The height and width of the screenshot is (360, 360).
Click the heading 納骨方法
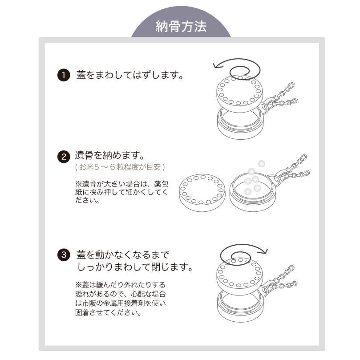tap(181, 27)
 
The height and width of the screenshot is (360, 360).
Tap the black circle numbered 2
tap(63, 157)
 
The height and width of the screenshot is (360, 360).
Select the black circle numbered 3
tap(63, 256)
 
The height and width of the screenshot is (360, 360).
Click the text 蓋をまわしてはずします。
tap(130, 75)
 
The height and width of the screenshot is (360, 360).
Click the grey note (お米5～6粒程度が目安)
tap(120, 168)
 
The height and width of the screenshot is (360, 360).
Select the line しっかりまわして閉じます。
tap(135, 268)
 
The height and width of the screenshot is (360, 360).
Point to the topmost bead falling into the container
tap(261, 163)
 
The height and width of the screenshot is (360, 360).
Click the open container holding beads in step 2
tap(252, 192)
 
